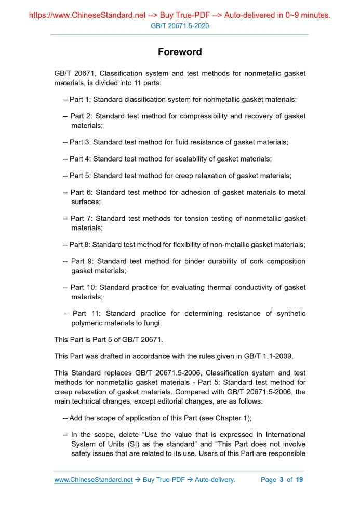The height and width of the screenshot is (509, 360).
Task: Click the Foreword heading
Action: click(x=180, y=52)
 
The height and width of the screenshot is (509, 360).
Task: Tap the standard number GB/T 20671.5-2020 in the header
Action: click(x=180, y=25)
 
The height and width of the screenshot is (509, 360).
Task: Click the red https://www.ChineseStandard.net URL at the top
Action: click(x=85, y=15)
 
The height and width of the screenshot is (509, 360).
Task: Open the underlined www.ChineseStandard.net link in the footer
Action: click(x=94, y=479)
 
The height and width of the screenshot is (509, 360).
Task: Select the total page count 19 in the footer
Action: click(x=299, y=479)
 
